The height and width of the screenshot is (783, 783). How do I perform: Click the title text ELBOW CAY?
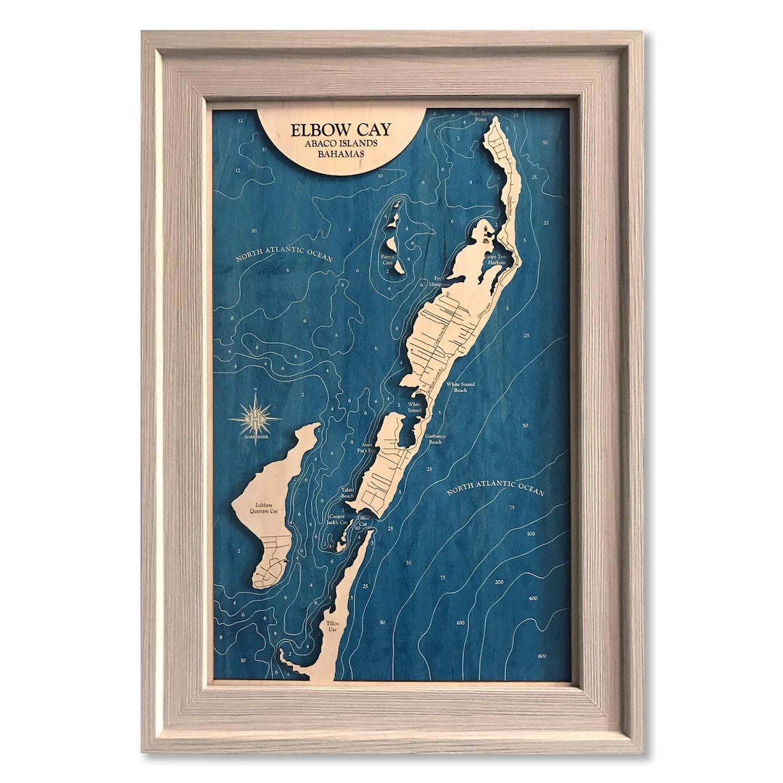[341, 130]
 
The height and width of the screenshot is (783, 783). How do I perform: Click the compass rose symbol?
[255, 418]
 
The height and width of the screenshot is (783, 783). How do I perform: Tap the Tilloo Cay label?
[333, 626]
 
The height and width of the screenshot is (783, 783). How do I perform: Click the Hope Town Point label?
[484, 117]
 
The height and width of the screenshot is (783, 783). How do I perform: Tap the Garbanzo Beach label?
[434, 439]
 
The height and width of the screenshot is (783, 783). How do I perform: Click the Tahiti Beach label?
[347, 492]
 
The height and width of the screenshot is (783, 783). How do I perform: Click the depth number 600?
[543, 656]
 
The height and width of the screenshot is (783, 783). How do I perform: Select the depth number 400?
[534, 598]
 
